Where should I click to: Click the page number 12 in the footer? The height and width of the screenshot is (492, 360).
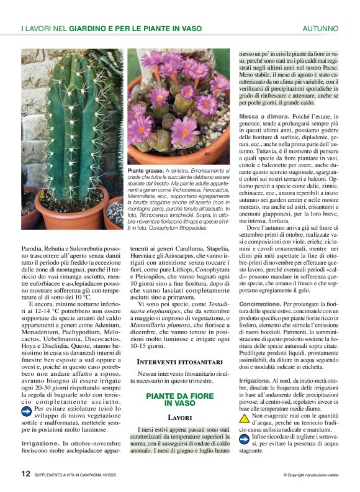(26, 473)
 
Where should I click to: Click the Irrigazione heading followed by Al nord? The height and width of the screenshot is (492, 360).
(254, 380)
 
